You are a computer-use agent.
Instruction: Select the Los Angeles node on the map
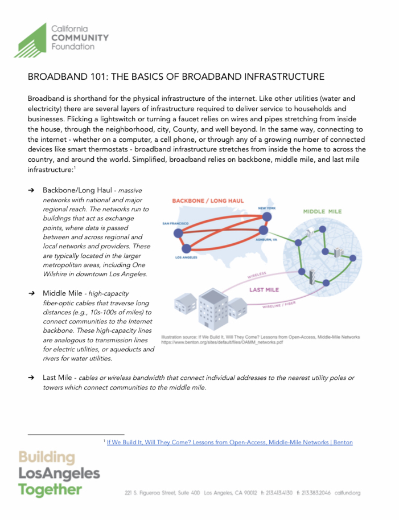(x=186, y=248)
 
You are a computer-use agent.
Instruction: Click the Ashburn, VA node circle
(x=263, y=231)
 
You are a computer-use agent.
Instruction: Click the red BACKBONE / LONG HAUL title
(x=208, y=201)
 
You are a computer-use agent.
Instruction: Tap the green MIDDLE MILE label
(x=322, y=211)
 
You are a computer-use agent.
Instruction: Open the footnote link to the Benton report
(x=229, y=442)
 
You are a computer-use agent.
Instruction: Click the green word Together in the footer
(x=50, y=489)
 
